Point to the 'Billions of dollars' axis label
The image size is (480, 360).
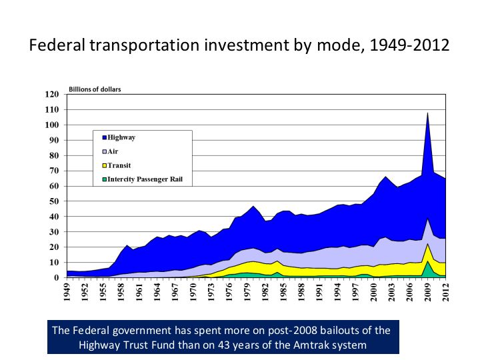click(95, 89)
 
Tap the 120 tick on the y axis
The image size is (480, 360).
click(51, 94)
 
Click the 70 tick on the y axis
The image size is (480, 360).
click(53, 171)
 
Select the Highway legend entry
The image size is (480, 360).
click(121, 137)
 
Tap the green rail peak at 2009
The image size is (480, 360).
click(427, 262)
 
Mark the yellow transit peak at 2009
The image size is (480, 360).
click(427, 245)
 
